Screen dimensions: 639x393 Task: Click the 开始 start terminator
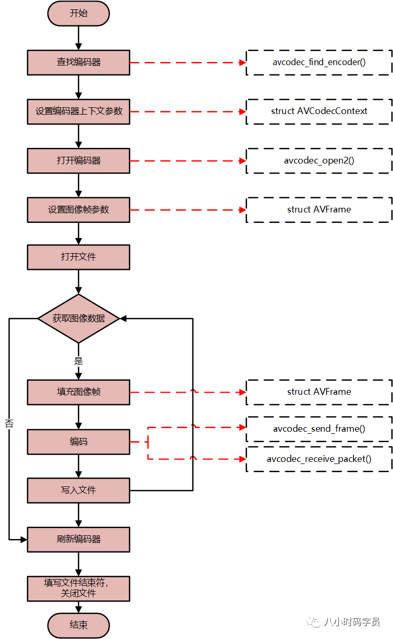pos(78,13)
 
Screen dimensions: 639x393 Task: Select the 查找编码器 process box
pos(78,62)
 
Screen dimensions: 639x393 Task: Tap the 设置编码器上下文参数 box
pos(78,111)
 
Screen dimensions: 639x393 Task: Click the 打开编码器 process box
pos(78,160)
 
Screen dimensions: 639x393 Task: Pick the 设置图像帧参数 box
pos(78,209)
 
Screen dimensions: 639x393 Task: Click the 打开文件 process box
pos(78,257)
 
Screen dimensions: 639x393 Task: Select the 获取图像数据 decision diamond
pos(78,318)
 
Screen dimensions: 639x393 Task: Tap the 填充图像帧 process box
pos(78,392)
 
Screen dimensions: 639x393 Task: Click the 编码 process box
pos(78,442)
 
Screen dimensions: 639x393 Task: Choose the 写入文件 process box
pos(78,490)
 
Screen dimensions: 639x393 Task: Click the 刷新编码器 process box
pos(78,539)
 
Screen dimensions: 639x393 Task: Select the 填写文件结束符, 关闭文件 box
pos(78,588)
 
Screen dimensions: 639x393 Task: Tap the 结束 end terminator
pos(78,625)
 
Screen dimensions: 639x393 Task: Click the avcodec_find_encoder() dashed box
pos(319,62)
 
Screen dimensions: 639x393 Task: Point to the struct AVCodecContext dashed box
pos(319,111)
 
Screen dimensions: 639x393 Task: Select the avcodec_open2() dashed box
pos(319,160)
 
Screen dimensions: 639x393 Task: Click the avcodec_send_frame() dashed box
pos(319,429)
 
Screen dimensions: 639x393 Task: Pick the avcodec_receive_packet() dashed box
pos(319,459)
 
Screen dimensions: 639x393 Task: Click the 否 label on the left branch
pos(9,423)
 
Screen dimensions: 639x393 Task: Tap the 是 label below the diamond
pos(78,360)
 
